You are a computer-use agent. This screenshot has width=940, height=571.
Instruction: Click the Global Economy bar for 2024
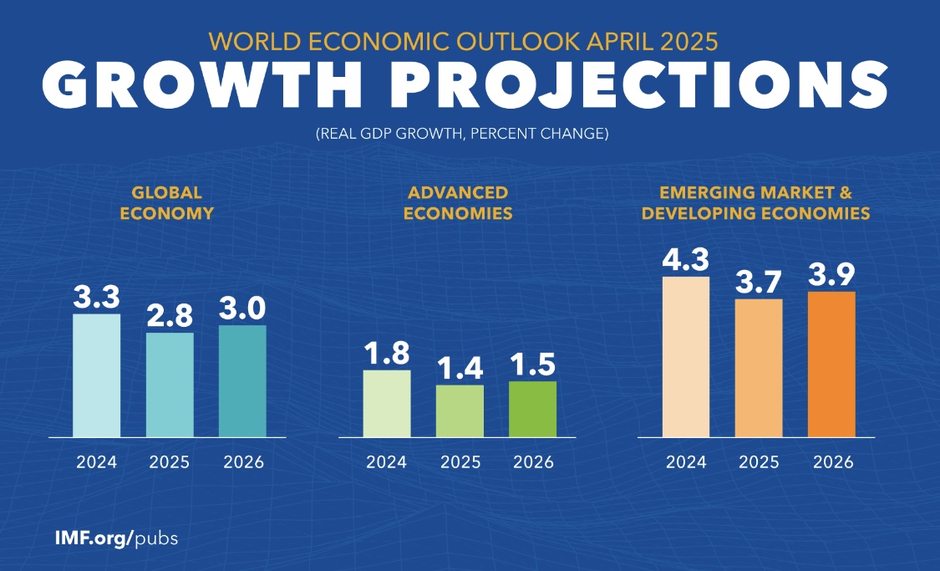(x=96, y=375)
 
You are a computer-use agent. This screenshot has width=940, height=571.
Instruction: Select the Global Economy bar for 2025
(x=170, y=385)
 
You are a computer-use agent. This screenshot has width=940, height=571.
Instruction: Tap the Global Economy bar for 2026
(x=242, y=381)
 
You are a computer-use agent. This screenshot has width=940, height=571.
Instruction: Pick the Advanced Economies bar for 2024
(x=387, y=403)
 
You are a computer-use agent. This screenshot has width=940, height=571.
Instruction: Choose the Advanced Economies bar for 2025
(x=460, y=410)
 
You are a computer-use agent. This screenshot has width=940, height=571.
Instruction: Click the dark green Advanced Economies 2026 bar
(x=532, y=409)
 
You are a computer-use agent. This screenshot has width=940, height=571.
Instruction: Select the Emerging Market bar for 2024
(x=685, y=357)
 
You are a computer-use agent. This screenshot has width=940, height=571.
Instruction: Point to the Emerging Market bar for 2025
(x=759, y=368)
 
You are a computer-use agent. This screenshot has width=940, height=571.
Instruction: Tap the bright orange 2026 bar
(x=831, y=365)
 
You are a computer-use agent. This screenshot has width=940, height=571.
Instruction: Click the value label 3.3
(x=96, y=298)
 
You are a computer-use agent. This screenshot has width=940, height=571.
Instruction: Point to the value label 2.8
(x=170, y=316)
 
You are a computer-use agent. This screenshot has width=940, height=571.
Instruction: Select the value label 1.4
(x=460, y=368)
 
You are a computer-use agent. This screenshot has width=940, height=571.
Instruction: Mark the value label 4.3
(x=685, y=259)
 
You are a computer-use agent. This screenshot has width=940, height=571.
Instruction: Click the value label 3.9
(x=831, y=274)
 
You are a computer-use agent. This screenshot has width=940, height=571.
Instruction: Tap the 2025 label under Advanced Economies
(x=460, y=461)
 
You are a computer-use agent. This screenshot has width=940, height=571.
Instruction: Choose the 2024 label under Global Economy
(x=96, y=461)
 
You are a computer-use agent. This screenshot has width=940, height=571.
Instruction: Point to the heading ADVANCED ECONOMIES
(x=457, y=203)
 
